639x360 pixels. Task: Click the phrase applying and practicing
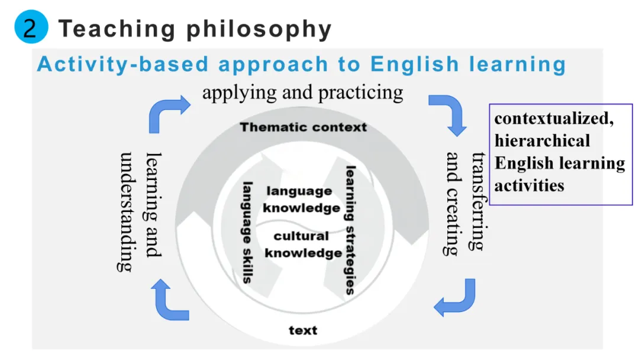point(302,92)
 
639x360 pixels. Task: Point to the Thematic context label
point(303,127)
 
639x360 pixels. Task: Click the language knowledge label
point(301,199)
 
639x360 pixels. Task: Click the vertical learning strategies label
point(350,230)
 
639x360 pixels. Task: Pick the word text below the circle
point(303,330)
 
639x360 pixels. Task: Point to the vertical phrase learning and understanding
point(140,212)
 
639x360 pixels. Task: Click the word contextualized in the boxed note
point(554,118)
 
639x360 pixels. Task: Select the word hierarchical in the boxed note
point(542,141)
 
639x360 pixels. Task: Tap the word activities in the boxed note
point(529,185)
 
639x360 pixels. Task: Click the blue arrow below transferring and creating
point(456,299)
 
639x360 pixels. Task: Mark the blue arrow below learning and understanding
point(170,300)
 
